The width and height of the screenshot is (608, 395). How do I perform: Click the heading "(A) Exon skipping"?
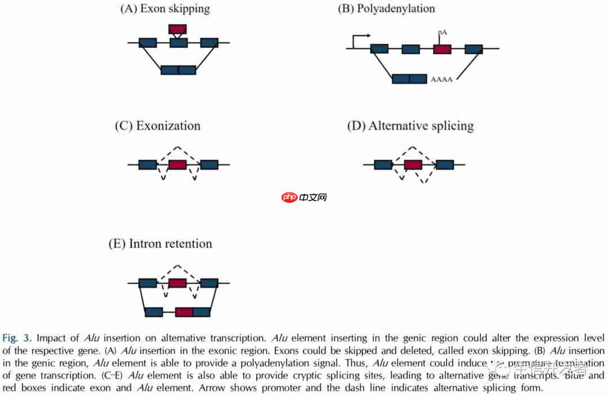[x=165, y=8]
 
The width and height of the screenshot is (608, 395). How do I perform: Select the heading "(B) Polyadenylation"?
[x=386, y=8]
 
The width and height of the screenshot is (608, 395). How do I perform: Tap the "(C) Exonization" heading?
[x=157, y=126]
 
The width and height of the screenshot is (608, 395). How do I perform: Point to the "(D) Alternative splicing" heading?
[x=410, y=126]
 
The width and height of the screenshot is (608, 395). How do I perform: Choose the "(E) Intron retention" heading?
[x=160, y=244]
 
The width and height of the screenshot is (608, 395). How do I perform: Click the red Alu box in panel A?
[x=177, y=29]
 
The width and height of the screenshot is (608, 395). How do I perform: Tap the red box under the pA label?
[x=442, y=49]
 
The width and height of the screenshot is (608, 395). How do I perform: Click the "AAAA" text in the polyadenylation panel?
[x=441, y=79]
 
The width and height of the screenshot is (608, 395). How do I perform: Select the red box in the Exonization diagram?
[x=177, y=165]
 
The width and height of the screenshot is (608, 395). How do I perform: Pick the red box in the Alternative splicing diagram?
[x=413, y=165]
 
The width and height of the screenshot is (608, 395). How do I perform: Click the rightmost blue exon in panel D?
[x=444, y=165]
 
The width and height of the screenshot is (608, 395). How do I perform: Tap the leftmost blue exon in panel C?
[x=147, y=165]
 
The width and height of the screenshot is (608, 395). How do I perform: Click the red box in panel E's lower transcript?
[x=184, y=312]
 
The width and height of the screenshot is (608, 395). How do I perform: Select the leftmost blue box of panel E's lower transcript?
[x=154, y=312]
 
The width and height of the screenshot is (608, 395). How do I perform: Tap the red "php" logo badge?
[x=289, y=197]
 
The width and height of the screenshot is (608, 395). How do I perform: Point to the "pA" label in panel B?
[x=442, y=33]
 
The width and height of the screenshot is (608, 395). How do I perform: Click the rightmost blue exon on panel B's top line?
[x=473, y=49]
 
